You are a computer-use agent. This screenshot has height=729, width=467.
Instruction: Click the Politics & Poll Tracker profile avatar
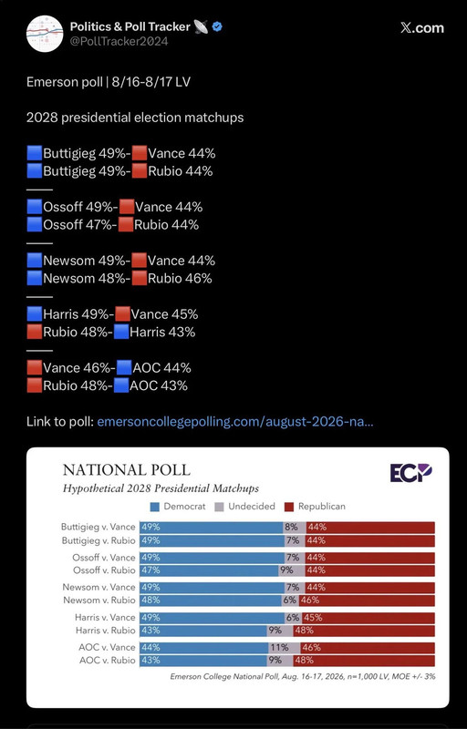pyautogui.click(x=45, y=34)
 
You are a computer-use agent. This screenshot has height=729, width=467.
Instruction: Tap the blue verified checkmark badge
pyautogui.click(x=217, y=27)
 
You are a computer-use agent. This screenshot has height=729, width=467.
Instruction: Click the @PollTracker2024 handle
pyautogui.click(x=119, y=41)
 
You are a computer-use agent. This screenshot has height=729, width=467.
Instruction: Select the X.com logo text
pyautogui.click(x=422, y=28)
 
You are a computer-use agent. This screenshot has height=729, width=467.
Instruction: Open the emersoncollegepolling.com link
pyautogui.click(x=235, y=422)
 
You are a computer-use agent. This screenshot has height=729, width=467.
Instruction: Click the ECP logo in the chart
pyautogui.click(x=410, y=473)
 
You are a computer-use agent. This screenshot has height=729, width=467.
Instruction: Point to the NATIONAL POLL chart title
pyautogui.click(x=127, y=469)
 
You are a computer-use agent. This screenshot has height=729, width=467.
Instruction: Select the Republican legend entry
pyautogui.click(x=315, y=507)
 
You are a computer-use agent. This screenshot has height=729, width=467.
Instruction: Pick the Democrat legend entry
pyautogui.click(x=178, y=507)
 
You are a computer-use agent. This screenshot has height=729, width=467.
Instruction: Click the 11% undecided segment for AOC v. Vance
pyautogui.click(x=284, y=647)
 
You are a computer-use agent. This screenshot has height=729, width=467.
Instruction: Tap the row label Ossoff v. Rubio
pyautogui.click(x=104, y=570)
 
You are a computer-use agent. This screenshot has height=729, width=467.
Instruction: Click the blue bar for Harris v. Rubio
pyautogui.click(x=203, y=631)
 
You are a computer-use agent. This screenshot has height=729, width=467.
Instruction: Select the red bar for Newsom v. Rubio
pyautogui.click(x=367, y=601)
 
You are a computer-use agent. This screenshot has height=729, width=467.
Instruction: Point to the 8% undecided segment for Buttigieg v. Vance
pyautogui.click(x=295, y=528)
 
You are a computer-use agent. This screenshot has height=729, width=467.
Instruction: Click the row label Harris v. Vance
pyautogui.click(x=105, y=618)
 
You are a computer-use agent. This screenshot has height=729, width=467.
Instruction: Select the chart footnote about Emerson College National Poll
pyautogui.click(x=303, y=676)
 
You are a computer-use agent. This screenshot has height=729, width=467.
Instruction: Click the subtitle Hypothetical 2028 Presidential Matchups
pyautogui.click(x=161, y=488)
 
